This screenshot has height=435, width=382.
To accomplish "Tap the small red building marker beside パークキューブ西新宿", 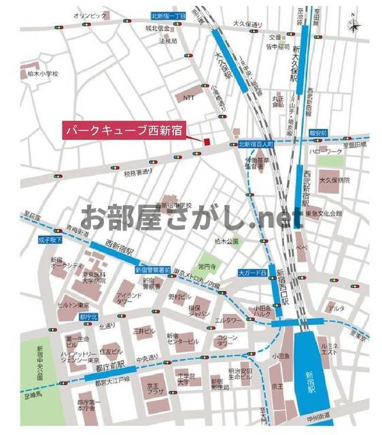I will tap(203, 141).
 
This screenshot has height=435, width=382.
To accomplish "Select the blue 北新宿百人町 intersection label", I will tap(256, 144).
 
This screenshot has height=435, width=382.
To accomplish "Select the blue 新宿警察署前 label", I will tap(153, 270).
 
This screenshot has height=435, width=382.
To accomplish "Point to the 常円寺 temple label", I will tap(207, 265).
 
